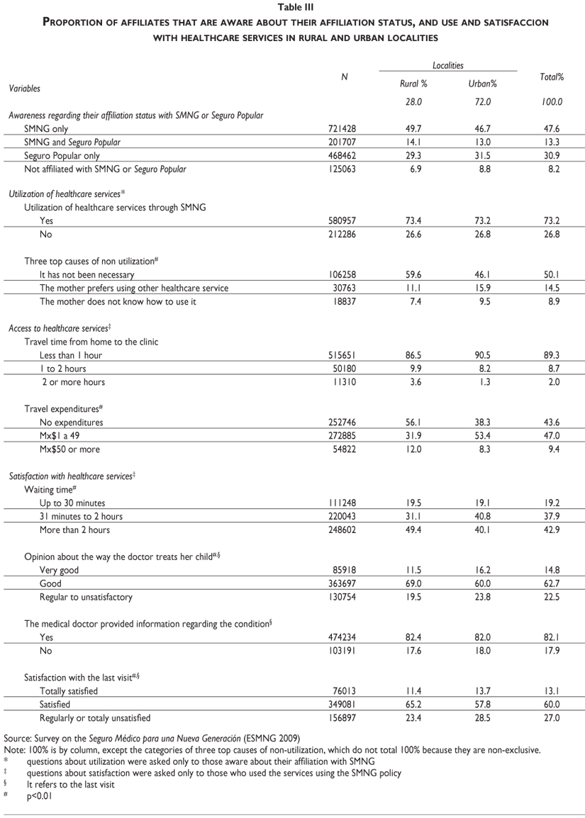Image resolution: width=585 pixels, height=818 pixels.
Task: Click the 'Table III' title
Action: pos(293,7)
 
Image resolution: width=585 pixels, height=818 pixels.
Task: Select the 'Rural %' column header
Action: pos(413,84)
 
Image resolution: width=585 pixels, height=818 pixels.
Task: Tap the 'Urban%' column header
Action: pos(483,84)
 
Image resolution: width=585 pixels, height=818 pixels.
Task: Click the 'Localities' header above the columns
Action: pos(447,65)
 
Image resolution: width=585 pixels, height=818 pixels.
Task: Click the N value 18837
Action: pos(343,301)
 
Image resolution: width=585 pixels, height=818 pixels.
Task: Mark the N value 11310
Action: pos(343,382)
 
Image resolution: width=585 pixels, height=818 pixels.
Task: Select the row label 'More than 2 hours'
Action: pos(75,530)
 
